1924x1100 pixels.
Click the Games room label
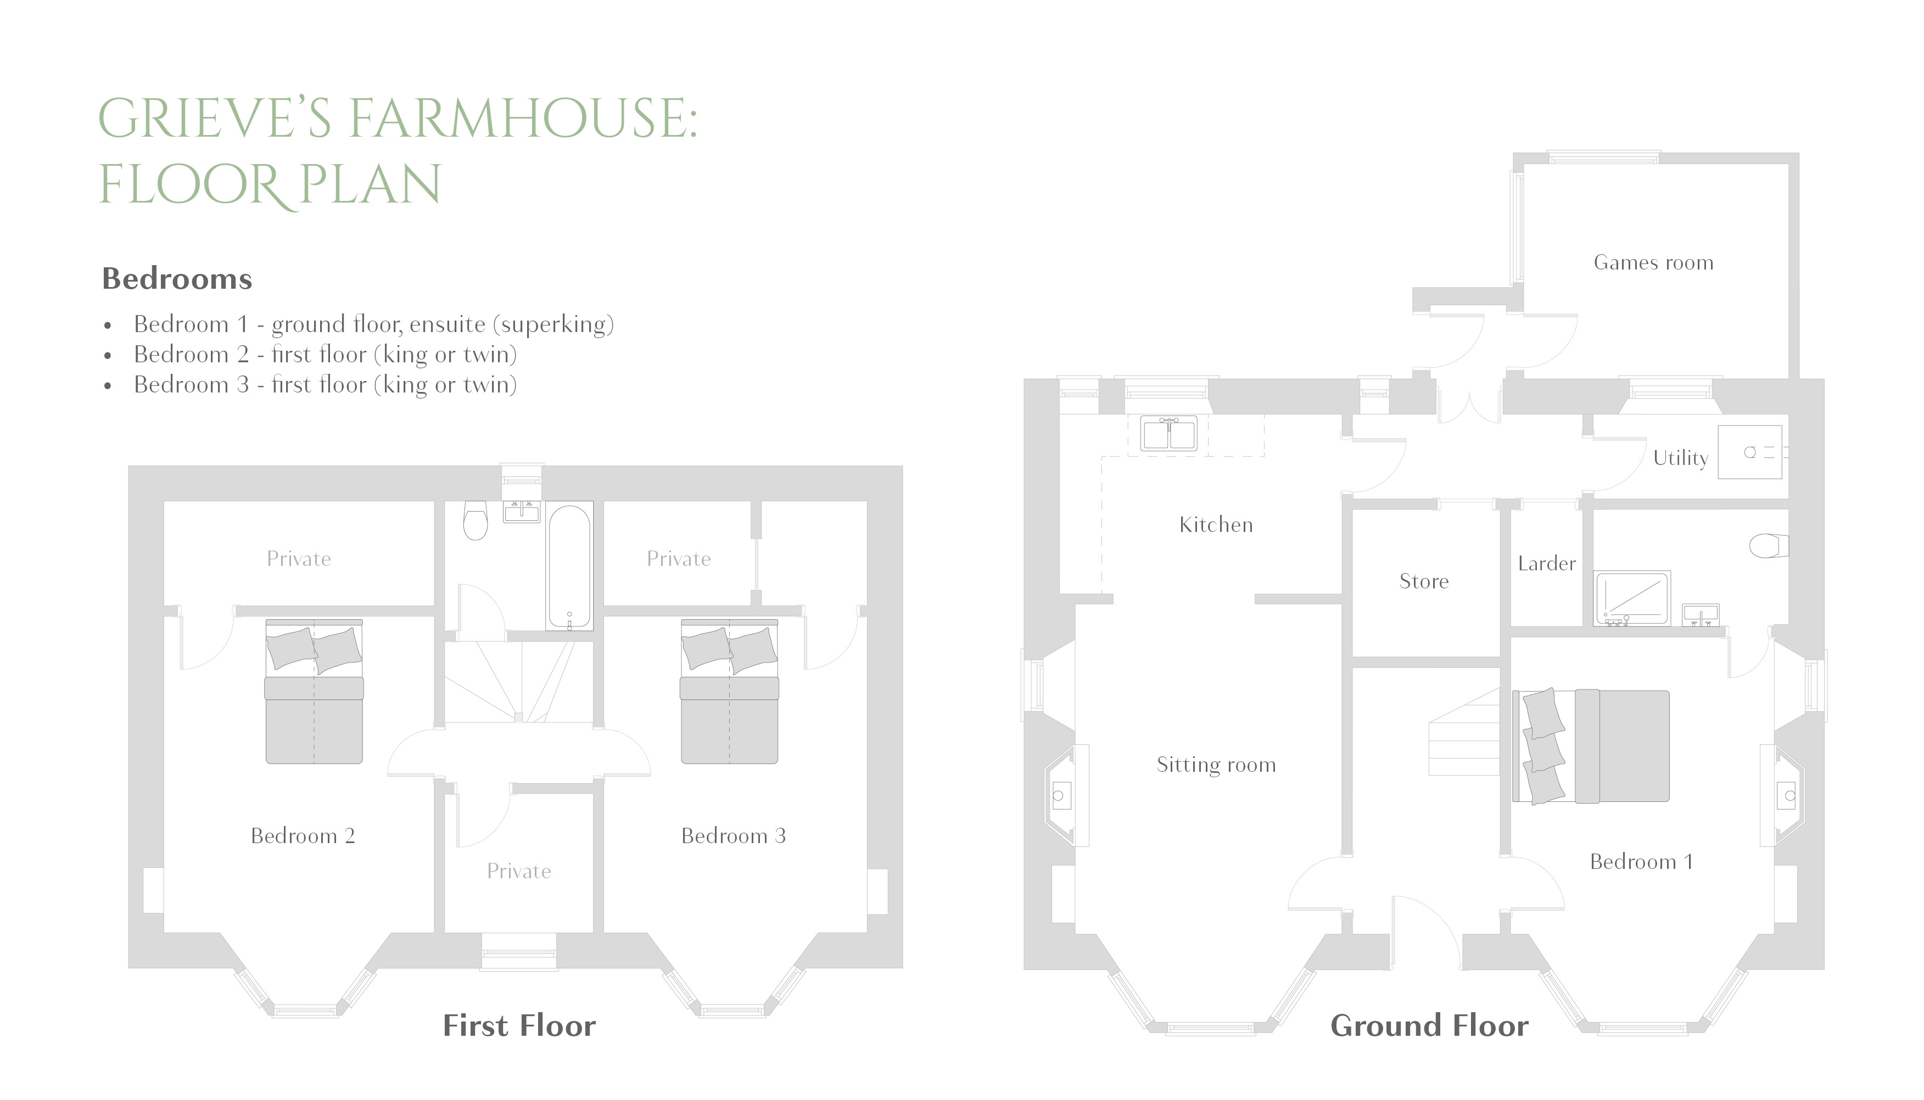[1653, 263]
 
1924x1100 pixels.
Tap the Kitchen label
[1215, 525]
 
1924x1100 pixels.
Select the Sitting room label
[1215, 765]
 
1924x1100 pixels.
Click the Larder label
[1546, 564]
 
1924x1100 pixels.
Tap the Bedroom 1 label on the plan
[1641, 861]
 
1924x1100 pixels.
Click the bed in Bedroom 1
[1591, 747]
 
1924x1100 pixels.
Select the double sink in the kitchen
[1168, 434]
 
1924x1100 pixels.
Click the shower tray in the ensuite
[1631, 599]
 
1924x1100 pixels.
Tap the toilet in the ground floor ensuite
[1768, 546]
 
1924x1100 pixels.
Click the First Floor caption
[519, 1026]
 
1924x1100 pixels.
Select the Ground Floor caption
[1429, 1026]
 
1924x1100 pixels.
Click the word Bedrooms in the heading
[177, 279]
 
